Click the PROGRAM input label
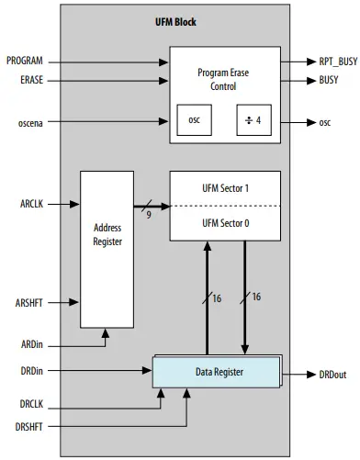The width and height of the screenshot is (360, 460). pyautogui.click(x=24, y=62)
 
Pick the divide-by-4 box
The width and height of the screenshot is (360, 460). pyautogui.click(x=253, y=120)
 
